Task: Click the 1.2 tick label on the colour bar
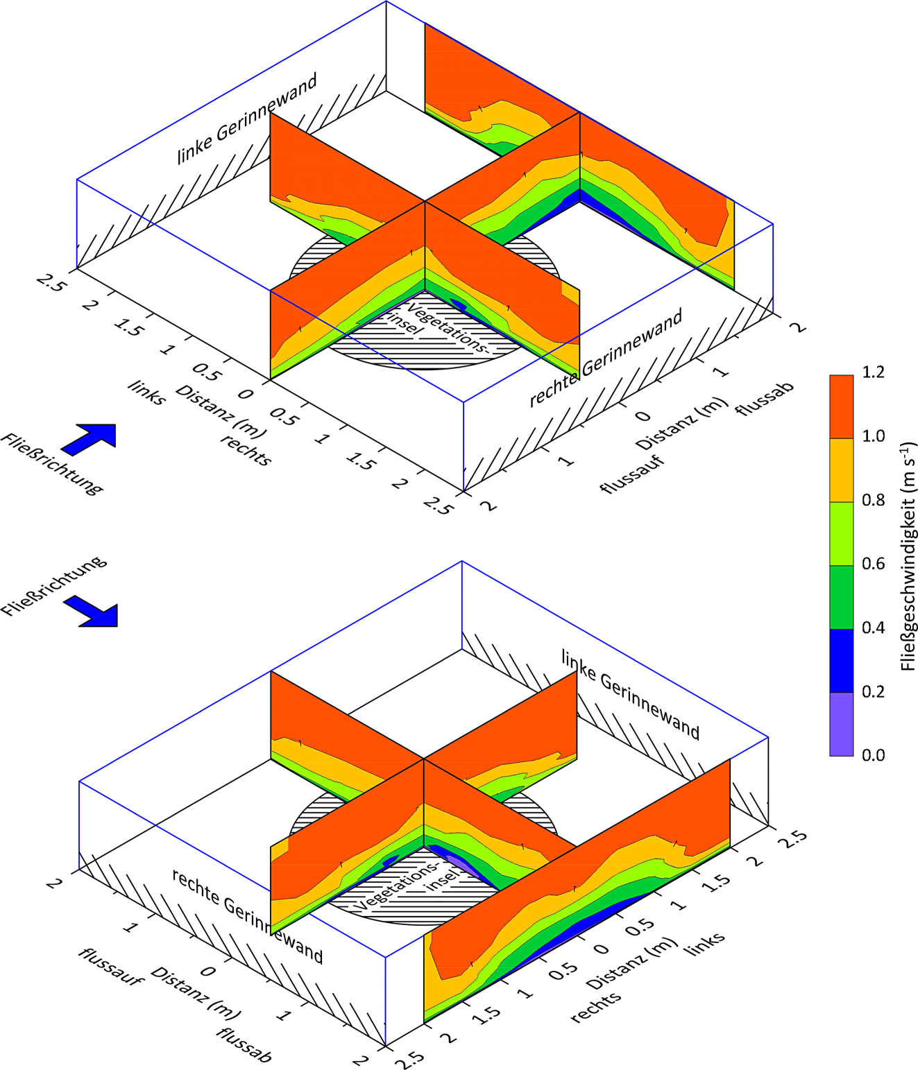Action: point(873,372)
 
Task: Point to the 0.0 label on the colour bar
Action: point(873,755)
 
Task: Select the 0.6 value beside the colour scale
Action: point(873,564)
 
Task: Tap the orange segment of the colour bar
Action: point(842,407)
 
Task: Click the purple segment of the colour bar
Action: point(842,724)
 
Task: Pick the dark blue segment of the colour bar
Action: point(842,661)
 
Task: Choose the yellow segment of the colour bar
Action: point(842,471)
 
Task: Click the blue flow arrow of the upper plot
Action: point(88,440)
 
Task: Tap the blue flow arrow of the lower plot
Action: point(91,612)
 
